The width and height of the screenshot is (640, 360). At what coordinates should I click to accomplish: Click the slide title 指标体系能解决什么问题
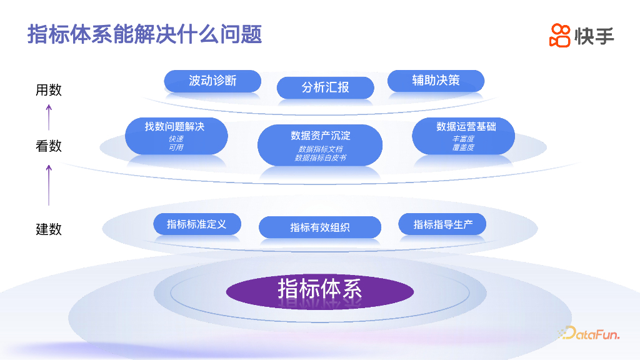click(144, 34)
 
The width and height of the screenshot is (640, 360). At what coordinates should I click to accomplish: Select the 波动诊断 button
click(212, 81)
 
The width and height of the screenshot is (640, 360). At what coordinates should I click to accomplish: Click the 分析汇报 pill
click(325, 87)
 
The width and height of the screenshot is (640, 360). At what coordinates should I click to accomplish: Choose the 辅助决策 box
click(436, 81)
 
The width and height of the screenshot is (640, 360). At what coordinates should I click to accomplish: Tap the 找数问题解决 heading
click(175, 126)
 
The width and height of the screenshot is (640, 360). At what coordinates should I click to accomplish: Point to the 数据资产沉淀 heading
click(320, 136)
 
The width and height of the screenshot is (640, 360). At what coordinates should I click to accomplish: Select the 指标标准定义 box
click(197, 224)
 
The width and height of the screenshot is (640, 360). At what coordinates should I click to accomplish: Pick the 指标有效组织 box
click(320, 227)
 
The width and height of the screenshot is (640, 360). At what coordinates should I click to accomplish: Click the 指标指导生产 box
click(442, 224)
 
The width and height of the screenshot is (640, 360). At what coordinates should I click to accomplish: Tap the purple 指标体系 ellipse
click(320, 290)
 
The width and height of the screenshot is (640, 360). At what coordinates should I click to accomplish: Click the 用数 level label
click(49, 90)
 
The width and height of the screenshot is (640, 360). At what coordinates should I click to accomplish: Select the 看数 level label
click(49, 146)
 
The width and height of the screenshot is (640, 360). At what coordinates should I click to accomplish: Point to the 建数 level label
click(49, 229)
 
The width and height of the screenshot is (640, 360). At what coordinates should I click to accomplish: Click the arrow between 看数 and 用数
click(49, 117)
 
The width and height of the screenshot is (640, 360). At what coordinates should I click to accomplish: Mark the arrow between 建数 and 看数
click(49, 186)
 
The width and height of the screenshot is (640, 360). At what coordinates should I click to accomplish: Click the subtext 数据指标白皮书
click(320, 158)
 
